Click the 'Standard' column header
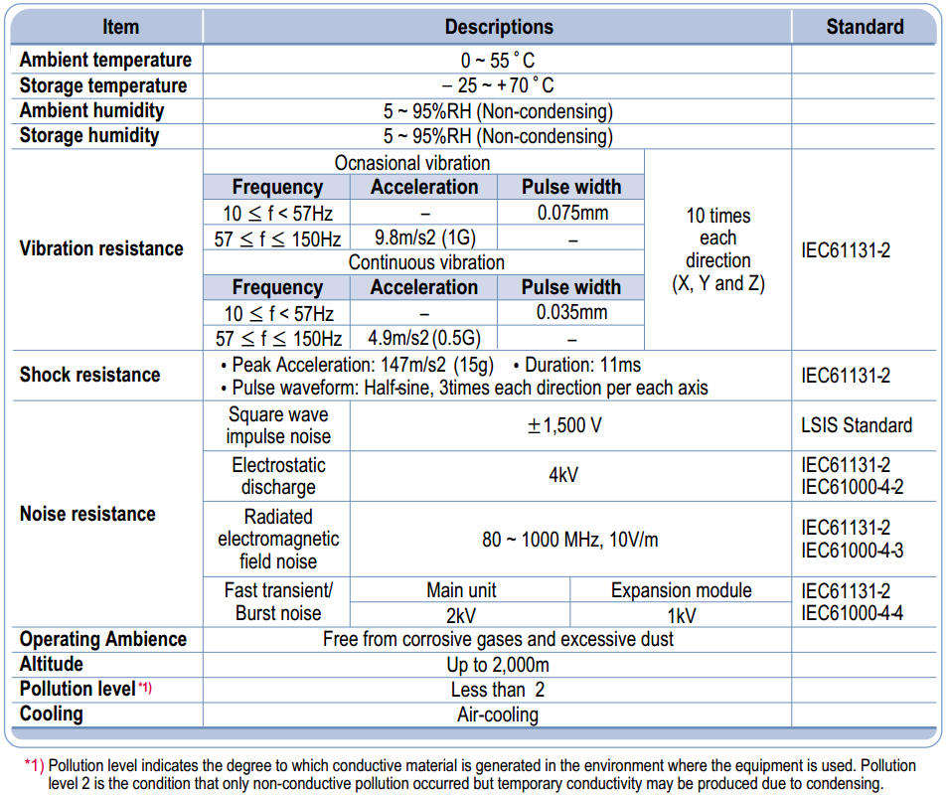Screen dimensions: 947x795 865,27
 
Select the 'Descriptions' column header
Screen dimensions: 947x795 499,27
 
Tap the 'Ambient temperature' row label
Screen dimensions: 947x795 105,60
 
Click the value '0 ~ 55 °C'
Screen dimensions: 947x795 498,61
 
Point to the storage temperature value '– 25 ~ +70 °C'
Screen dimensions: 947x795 498,85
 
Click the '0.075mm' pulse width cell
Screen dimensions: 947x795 572,213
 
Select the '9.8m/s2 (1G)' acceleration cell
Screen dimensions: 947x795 425,238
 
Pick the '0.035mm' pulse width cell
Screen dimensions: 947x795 572,312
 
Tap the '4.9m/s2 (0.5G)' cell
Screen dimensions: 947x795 424,338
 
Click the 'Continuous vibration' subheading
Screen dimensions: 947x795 426,262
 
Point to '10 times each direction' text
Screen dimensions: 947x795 718,238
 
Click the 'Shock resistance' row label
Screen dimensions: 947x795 90,375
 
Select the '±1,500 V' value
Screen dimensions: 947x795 564,426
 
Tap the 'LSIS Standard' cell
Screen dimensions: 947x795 857,425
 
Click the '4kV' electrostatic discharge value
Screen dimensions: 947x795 563,475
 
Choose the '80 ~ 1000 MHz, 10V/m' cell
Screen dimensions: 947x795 570,540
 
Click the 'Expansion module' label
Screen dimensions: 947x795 682,590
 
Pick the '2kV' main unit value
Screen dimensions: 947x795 461,615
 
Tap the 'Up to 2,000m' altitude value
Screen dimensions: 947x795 498,665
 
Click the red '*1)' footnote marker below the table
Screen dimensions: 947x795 34,766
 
